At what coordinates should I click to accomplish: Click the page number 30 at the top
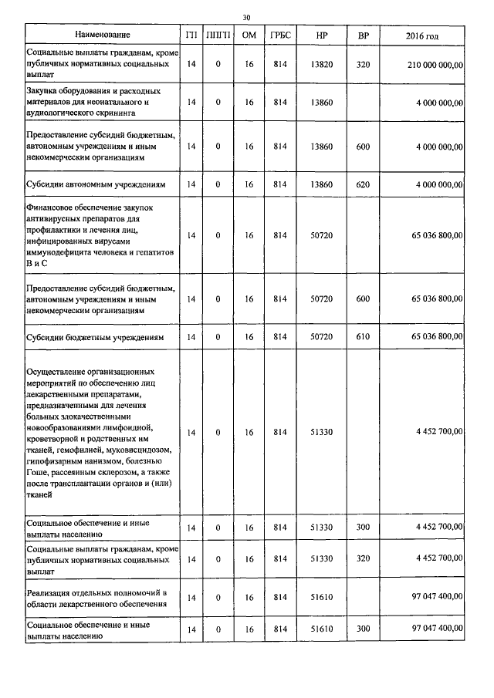(x=246, y=17)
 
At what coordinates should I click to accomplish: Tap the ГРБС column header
(x=280, y=35)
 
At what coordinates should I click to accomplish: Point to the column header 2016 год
(x=422, y=35)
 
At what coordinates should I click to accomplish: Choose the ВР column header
(x=363, y=35)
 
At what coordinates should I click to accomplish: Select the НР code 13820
(x=321, y=65)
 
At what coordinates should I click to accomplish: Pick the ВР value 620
(x=363, y=184)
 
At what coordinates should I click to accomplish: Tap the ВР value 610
(x=363, y=337)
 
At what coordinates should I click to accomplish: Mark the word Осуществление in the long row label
(x=58, y=371)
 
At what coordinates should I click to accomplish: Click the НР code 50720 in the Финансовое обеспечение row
(x=321, y=235)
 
